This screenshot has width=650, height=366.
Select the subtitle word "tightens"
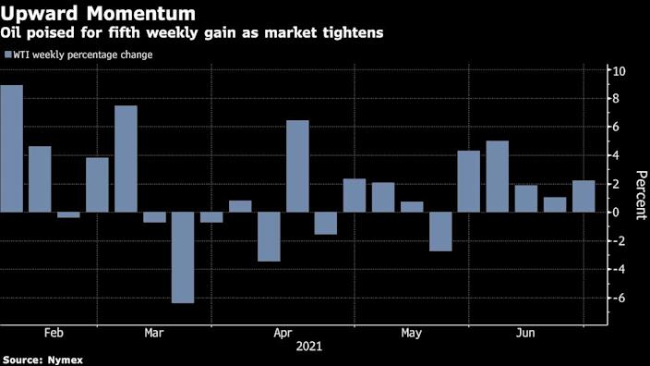coord(352,33)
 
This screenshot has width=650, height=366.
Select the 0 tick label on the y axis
coord(617,213)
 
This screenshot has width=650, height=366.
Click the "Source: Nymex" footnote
coord(41,360)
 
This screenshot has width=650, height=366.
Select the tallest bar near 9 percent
coord(11,149)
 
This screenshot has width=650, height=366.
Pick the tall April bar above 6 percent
coord(297,166)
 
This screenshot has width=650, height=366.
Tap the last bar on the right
coord(584,196)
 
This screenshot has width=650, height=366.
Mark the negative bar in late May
coord(440,231)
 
